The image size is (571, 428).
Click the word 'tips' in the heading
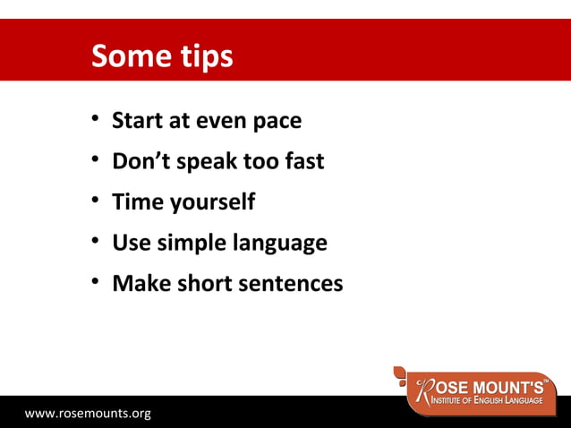point(205,57)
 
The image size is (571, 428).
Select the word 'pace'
point(276,122)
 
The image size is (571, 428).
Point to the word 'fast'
point(300,161)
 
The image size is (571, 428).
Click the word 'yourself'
point(210,203)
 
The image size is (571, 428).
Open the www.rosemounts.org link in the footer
point(88,413)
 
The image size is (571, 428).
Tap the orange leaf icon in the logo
point(404,376)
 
